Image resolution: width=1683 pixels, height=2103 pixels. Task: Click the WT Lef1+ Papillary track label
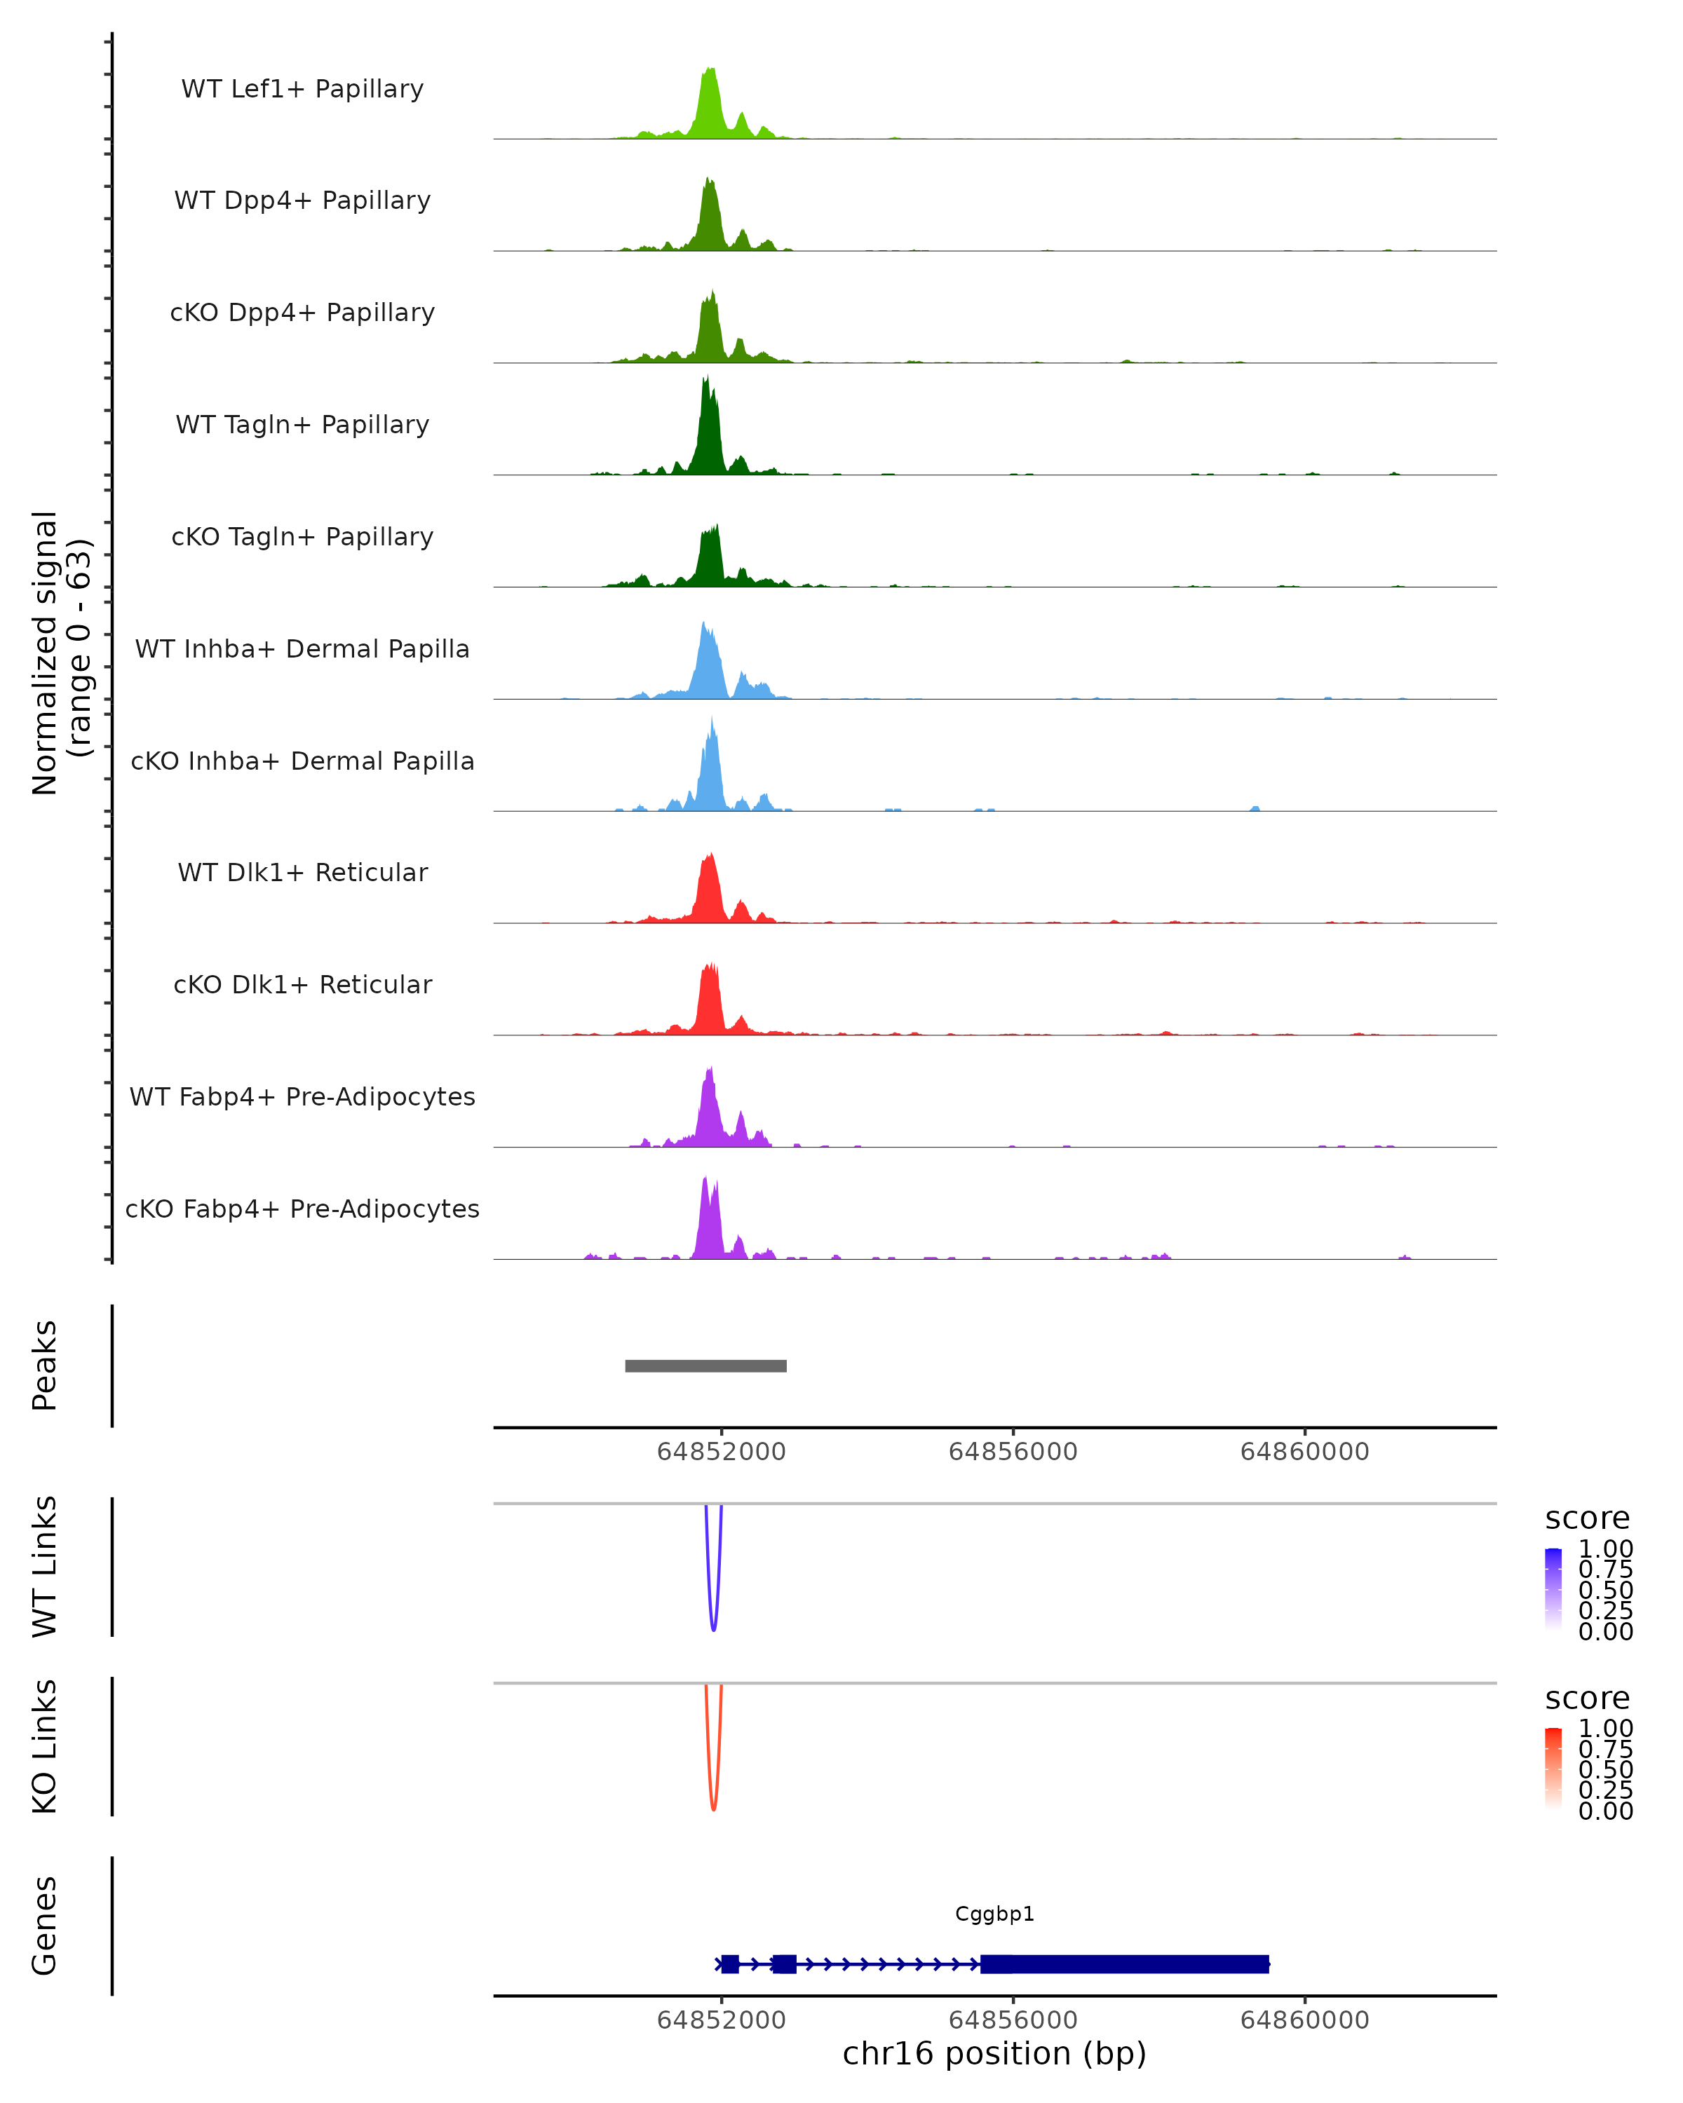point(302,89)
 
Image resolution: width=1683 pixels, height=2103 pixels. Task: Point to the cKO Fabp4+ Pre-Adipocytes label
point(302,1209)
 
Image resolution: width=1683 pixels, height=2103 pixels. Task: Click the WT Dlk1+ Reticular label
point(302,872)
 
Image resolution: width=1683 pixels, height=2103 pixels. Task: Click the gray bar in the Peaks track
point(705,1366)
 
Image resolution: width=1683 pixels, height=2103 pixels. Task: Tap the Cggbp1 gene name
point(994,1914)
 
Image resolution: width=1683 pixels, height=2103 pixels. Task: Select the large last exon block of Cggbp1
point(1124,1964)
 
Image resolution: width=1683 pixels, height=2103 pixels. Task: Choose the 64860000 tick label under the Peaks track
point(1304,1452)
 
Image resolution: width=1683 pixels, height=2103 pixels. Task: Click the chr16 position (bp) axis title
point(994,2054)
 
